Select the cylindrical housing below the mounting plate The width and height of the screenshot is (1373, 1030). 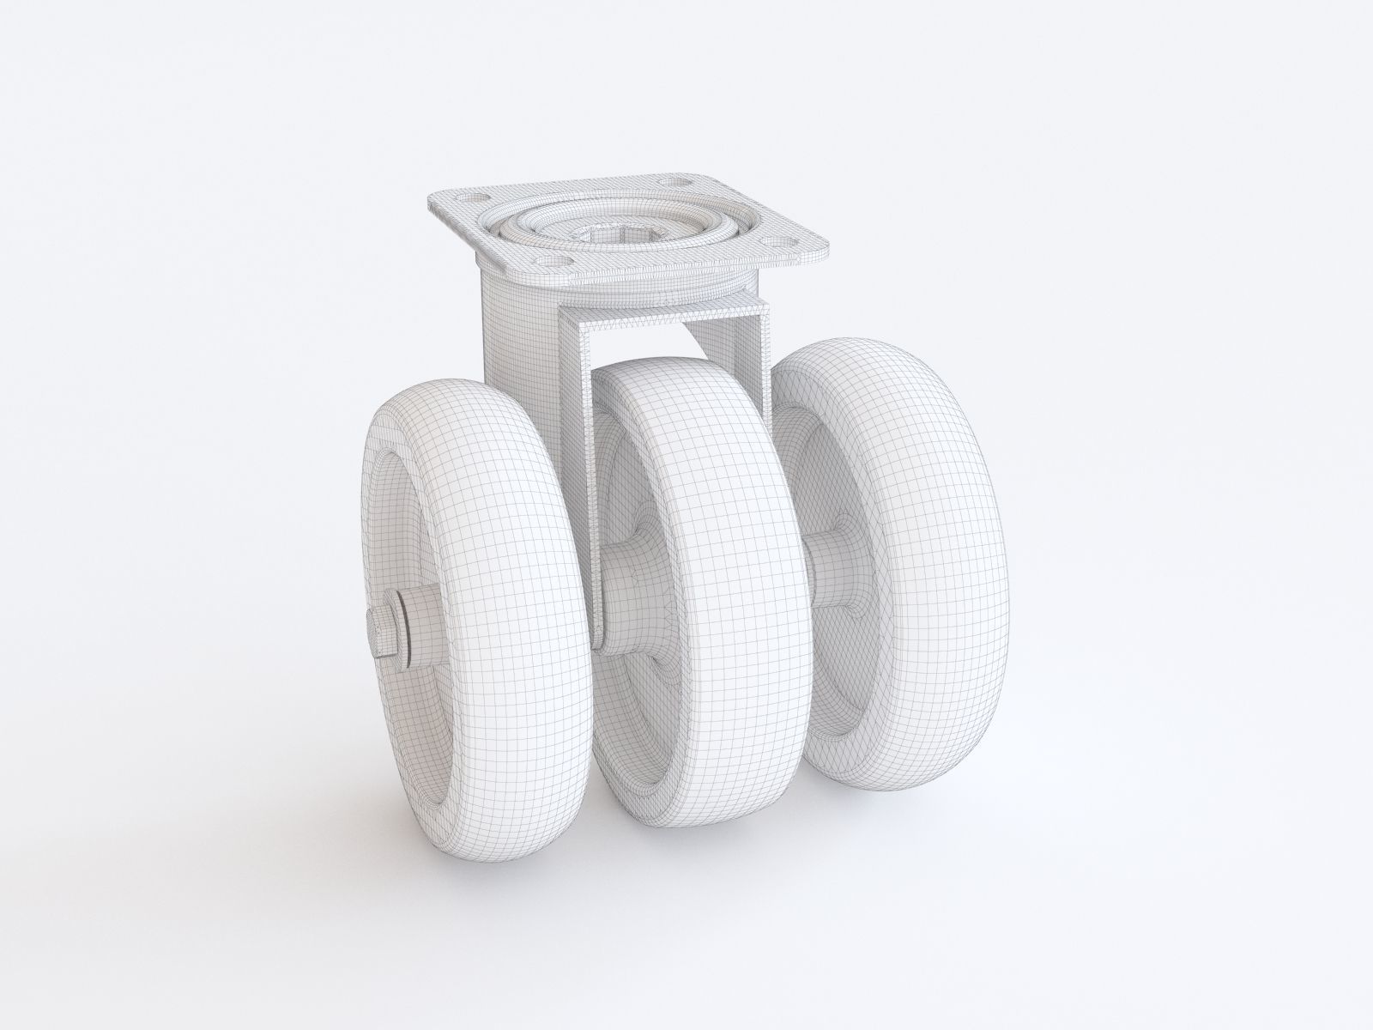pyautogui.click(x=515, y=335)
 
